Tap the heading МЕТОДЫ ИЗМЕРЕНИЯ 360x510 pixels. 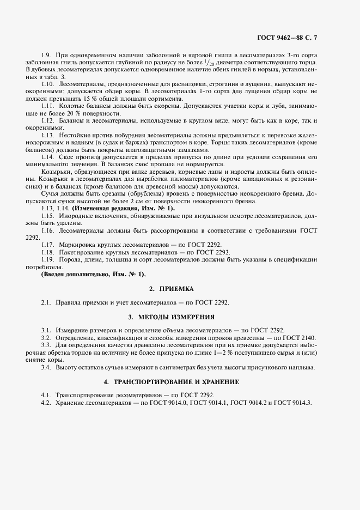180,317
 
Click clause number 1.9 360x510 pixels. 46,56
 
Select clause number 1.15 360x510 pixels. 48,216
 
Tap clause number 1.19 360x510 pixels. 48,259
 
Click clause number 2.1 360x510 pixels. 46,302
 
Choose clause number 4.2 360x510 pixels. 46,402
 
